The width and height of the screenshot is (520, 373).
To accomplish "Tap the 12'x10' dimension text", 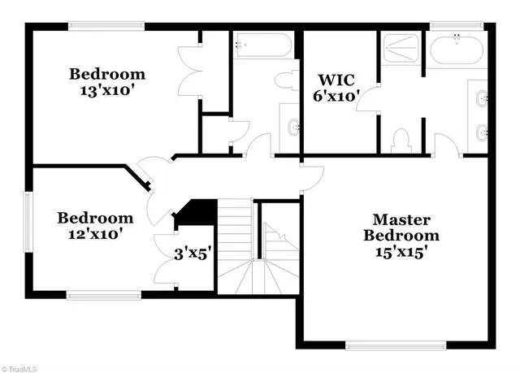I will pyautogui.click(x=95, y=234).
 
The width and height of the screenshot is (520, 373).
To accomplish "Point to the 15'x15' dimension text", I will pyautogui.click(x=401, y=252).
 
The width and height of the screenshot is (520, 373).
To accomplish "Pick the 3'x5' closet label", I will pyautogui.click(x=193, y=253).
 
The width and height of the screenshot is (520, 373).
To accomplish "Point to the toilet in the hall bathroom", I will pyautogui.click(x=285, y=81).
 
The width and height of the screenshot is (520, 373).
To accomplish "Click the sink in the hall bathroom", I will pyautogui.click(x=292, y=126).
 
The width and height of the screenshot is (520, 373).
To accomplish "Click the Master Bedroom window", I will pyautogui.click(x=396, y=345).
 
